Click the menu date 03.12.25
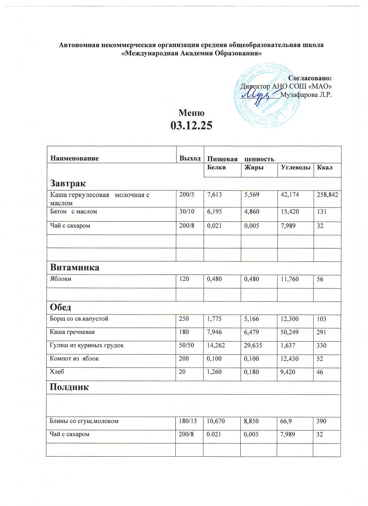191,125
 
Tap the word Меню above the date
191,113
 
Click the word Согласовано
309,78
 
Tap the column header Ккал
326,168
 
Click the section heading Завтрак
68,183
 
